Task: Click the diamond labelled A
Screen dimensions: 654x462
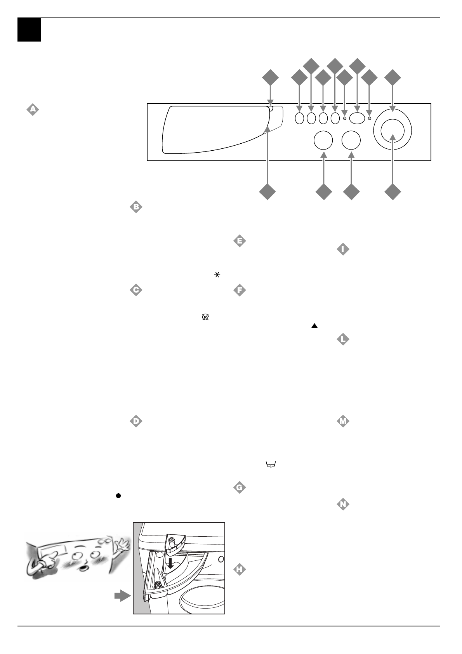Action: point(33,110)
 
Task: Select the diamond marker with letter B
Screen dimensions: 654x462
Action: point(136,207)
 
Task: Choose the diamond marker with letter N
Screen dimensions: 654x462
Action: point(343,504)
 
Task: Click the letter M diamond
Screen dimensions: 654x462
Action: point(343,421)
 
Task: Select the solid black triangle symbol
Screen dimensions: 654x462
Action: point(314,327)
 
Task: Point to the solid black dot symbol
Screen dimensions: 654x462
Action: point(117,496)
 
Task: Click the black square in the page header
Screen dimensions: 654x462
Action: point(29,30)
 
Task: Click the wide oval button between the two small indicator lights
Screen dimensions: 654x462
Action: point(357,118)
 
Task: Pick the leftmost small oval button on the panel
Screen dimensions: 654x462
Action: point(299,118)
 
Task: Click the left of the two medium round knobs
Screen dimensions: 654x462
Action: point(323,140)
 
